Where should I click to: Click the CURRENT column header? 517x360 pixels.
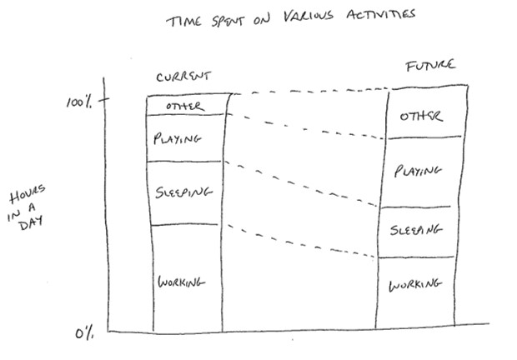coord(183,77)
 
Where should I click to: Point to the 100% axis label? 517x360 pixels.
coord(79,102)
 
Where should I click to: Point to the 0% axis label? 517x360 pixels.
coord(83,334)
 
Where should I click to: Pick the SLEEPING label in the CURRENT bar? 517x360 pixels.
coord(183,192)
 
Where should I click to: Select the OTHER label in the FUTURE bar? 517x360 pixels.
coord(420,117)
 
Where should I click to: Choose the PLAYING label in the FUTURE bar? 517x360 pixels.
coord(417,171)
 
